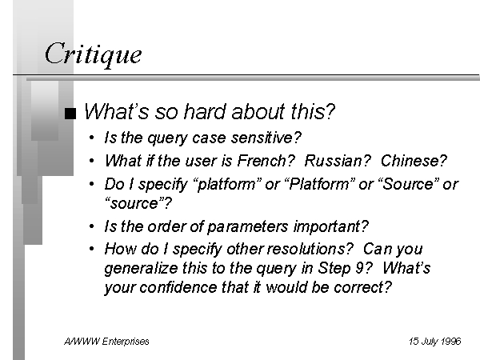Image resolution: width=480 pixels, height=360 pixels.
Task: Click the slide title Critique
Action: pyautogui.click(x=94, y=54)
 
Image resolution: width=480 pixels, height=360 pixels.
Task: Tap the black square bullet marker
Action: pyautogui.click(x=70, y=114)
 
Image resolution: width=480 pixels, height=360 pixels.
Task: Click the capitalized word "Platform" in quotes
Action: pyautogui.click(x=318, y=184)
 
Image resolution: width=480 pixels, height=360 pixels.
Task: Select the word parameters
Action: pyautogui.click(x=247, y=227)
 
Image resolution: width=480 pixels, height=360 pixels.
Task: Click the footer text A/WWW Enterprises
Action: pyautogui.click(x=106, y=342)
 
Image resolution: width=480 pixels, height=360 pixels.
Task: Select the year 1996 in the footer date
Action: pyautogui.click(x=451, y=342)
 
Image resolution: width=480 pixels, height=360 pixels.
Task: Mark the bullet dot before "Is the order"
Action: pyautogui.click(x=91, y=227)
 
